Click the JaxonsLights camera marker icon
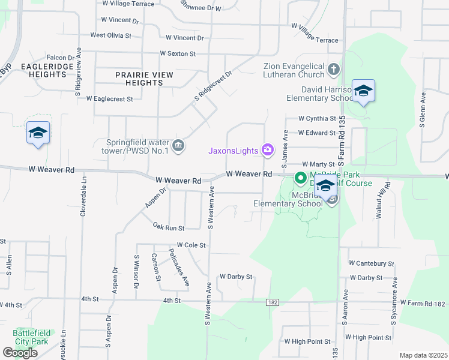268,150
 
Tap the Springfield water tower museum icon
178,146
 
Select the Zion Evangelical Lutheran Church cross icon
334,71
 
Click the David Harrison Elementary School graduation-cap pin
363,92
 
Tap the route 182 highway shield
273,303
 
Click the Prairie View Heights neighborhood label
145,79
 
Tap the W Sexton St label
178,53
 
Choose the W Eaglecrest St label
109,98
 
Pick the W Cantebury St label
375,263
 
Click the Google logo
20,353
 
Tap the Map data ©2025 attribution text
423,355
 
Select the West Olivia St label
110,35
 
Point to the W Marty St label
318,164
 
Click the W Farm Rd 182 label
424,304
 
